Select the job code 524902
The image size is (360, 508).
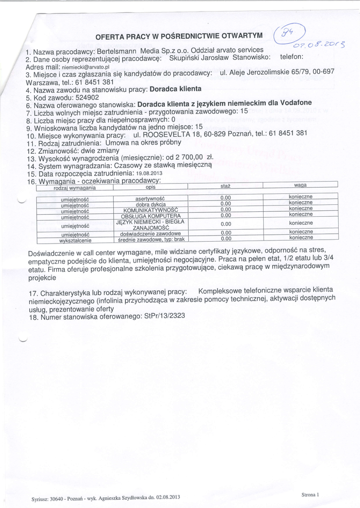click(x=85, y=97)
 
